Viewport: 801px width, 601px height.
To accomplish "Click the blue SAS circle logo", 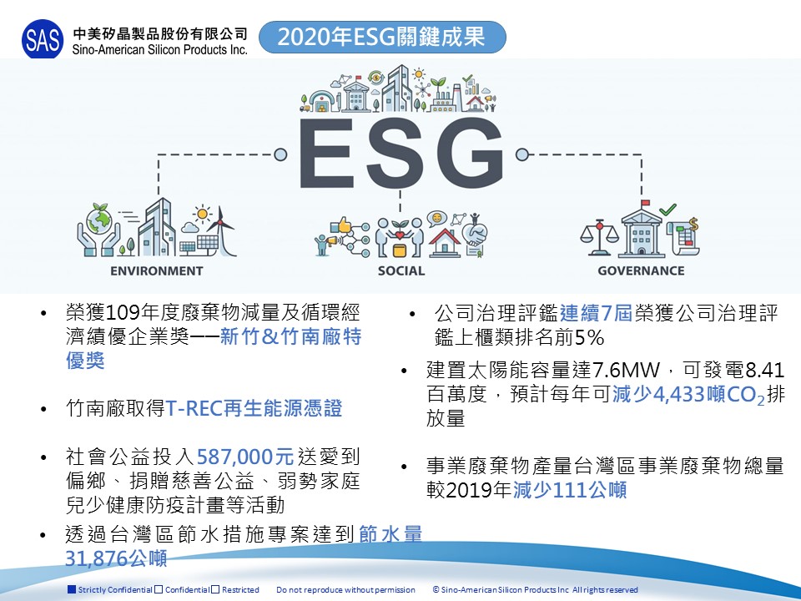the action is (43, 39).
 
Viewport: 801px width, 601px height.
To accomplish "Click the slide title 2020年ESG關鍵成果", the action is (381, 37).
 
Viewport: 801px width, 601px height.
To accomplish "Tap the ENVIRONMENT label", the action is (157, 270).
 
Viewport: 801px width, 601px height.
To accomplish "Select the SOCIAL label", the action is (401, 270).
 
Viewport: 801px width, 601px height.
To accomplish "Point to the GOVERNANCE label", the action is (641, 270).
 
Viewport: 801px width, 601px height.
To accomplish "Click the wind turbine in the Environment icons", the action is (222, 230).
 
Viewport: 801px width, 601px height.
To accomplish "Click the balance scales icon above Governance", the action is (599, 238).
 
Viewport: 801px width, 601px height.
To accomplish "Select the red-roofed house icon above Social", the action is (445, 243).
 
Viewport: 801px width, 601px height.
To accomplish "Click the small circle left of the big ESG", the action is (280, 154).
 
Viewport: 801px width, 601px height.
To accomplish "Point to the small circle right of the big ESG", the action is (521, 154).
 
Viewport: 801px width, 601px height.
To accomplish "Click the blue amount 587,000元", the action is (245, 457).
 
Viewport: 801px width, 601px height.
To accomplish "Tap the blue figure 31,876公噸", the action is (116, 558).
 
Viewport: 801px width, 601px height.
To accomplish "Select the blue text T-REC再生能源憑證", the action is (254, 408).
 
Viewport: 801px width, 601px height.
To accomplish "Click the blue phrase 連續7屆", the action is (596, 313).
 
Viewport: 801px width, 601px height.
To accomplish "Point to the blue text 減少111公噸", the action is (570, 490).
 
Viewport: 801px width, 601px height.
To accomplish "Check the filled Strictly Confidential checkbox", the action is (72, 589).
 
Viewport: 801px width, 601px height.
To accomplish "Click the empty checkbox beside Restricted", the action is (215, 589).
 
